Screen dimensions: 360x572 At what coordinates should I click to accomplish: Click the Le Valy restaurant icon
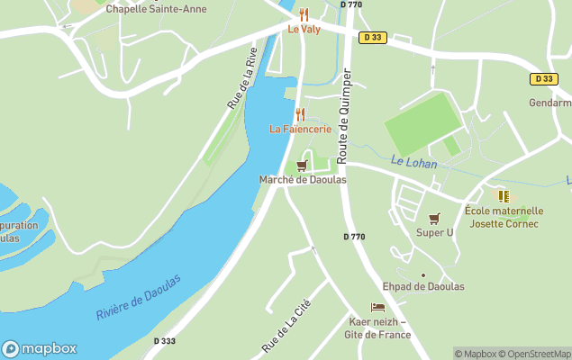[304, 14]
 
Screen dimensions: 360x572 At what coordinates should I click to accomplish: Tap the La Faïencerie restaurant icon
[300, 114]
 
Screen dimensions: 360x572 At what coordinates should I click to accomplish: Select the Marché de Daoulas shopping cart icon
[302, 166]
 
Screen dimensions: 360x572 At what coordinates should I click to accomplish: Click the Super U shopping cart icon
[435, 218]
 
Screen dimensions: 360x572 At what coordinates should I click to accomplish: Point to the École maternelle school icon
[503, 195]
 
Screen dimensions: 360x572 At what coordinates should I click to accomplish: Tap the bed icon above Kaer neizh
[377, 308]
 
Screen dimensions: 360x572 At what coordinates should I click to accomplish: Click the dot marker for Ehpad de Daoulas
[422, 275]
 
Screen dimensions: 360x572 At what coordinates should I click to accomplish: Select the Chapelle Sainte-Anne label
[156, 9]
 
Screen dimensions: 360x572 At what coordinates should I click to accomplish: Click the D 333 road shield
[165, 341]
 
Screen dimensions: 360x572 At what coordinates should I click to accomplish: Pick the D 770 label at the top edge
[351, 4]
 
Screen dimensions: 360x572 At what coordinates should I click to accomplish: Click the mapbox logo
[39, 348]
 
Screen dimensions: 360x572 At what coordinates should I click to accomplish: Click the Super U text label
[435, 232]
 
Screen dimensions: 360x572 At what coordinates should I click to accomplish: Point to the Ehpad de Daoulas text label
[423, 286]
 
